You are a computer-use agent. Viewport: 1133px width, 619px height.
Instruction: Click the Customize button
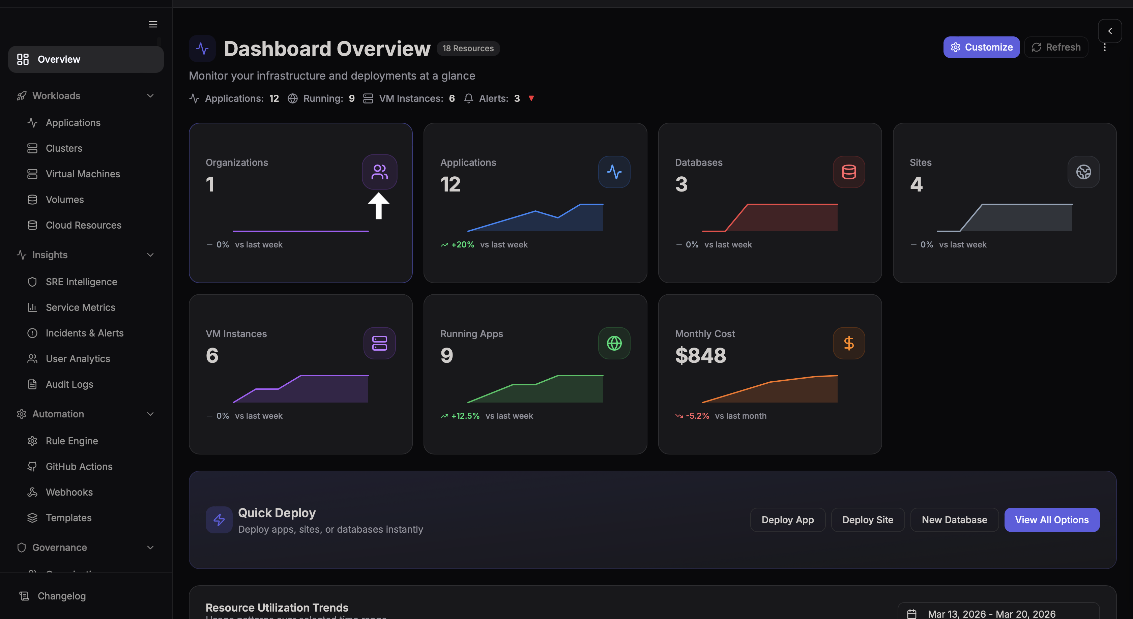click(981, 47)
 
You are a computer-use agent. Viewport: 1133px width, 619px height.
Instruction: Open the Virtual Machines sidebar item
click(83, 174)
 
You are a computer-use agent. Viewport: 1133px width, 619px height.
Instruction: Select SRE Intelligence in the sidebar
click(81, 282)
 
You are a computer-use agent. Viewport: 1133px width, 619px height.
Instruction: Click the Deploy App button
click(787, 520)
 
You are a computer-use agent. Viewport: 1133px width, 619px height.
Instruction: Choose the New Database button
click(954, 520)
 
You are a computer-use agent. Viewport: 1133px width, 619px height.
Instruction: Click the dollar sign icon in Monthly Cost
click(848, 343)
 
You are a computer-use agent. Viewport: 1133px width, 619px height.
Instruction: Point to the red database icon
click(848, 172)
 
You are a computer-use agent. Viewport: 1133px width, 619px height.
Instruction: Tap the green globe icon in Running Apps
click(614, 343)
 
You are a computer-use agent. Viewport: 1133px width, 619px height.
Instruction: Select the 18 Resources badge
click(468, 48)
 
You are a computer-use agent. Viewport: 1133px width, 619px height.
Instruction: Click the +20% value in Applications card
click(462, 244)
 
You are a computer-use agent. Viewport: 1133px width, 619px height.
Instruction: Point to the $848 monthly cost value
click(700, 355)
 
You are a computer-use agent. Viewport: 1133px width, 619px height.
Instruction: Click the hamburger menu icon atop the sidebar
click(153, 24)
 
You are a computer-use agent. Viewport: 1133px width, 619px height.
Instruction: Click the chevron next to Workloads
click(150, 96)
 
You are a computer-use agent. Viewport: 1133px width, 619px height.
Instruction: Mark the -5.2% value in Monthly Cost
click(697, 416)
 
